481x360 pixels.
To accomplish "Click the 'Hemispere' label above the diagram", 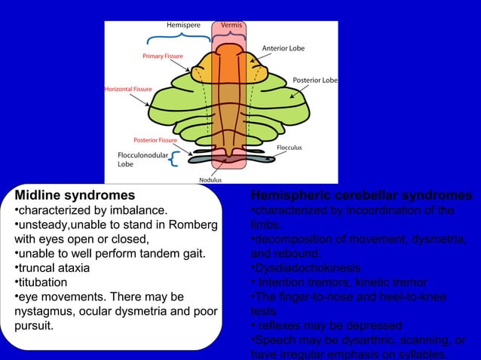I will point(183,25).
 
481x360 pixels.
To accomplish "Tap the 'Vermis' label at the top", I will point(231,25).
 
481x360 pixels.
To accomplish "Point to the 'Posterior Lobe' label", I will point(314,80).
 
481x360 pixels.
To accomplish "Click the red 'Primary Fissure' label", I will point(164,56).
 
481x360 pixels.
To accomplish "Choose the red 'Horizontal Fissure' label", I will point(127,89).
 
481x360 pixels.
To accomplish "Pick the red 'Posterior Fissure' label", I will point(155,140).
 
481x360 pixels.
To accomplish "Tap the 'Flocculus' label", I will point(289,148).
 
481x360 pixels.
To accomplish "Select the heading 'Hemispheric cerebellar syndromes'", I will point(361,196).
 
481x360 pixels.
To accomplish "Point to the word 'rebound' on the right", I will point(302,254).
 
